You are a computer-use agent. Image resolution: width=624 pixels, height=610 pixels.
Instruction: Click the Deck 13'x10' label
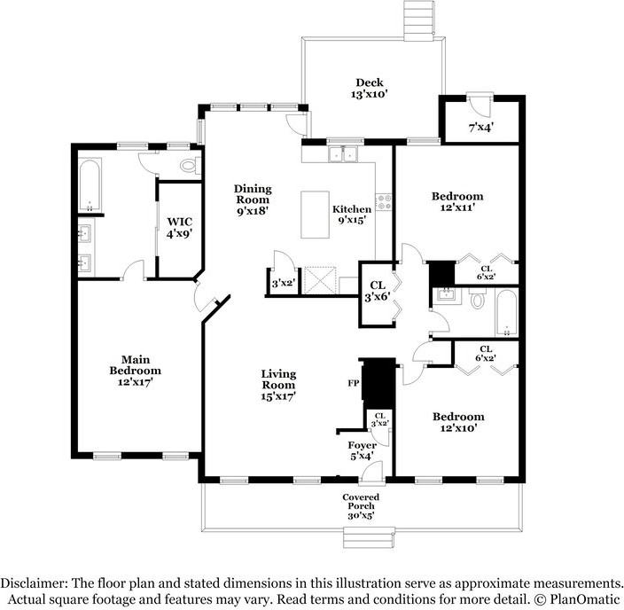point(370,89)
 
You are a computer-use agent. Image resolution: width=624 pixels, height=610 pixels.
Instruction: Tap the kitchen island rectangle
point(315,215)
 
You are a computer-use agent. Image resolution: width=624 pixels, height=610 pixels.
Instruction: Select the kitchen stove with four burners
point(384,202)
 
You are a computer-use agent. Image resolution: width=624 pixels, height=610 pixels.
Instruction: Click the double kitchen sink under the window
point(343,153)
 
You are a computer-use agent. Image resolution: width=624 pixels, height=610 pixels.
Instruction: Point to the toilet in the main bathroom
point(190,165)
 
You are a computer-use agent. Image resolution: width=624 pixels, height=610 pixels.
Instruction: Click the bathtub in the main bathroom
point(90,185)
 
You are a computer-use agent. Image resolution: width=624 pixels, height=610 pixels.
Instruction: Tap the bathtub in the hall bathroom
point(506,313)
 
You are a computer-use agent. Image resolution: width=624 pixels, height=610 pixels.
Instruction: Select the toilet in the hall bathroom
point(477,299)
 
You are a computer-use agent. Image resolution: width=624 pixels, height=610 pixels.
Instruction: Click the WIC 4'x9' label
point(179,227)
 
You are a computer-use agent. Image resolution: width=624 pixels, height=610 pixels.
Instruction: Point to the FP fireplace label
point(354,383)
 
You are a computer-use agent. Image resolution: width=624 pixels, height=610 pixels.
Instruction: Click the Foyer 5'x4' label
point(363,450)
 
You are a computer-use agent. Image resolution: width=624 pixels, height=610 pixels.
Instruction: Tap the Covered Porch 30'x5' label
point(361,506)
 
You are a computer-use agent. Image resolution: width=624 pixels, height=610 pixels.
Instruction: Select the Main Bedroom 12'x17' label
point(136,371)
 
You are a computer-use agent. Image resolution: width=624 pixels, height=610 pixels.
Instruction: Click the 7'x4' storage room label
point(481,128)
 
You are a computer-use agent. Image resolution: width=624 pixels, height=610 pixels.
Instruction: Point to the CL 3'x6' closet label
point(377,291)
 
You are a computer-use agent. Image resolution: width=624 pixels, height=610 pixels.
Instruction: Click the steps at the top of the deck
point(418,20)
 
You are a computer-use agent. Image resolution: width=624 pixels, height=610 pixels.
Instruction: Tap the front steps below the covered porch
point(369,537)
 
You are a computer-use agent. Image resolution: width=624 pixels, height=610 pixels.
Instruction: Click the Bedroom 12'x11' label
point(457,201)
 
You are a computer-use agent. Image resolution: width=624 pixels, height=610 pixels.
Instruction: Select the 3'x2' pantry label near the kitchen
point(283,283)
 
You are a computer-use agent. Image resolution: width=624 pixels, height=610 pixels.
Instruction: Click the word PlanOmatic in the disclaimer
point(585,598)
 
